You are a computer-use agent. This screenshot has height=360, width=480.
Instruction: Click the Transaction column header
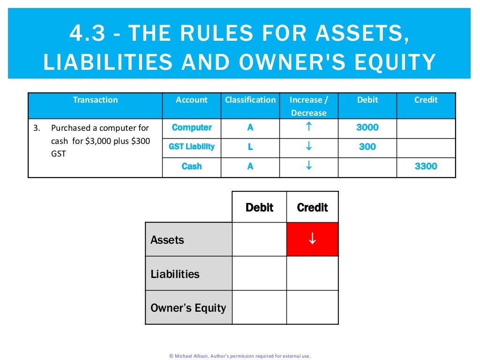pyautogui.click(x=95, y=100)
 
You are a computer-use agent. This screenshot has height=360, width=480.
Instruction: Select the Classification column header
pyautogui.click(x=250, y=100)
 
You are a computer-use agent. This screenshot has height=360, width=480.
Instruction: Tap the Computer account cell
pyautogui.click(x=192, y=127)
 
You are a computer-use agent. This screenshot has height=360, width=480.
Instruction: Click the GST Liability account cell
pyautogui.click(x=192, y=147)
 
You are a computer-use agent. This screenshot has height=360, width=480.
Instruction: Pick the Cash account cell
pyautogui.click(x=192, y=166)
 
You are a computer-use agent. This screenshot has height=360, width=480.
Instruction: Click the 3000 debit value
pyautogui.click(x=367, y=127)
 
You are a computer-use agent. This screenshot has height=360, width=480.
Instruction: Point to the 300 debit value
pyautogui.click(x=367, y=147)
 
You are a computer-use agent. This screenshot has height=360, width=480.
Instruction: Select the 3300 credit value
pyautogui.click(x=426, y=166)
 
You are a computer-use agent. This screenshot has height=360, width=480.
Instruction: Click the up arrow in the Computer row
pyautogui.click(x=308, y=127)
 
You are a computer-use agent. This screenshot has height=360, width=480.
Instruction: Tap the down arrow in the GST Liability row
pyautogui.click(x=308, y=147)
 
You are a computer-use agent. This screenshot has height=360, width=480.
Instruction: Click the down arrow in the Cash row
pyautogui.click(x=308, y=166)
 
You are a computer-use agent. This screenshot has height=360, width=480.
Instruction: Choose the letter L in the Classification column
pyautogui.click(x=250, y=147)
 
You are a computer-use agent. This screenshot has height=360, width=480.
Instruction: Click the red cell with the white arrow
pyautogui.click(x=312, y=239)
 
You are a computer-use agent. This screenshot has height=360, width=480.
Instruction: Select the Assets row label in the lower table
pyautogui.click(x=167, y=240)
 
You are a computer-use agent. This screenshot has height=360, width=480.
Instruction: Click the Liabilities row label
pyautogui.click(x=175, y=274)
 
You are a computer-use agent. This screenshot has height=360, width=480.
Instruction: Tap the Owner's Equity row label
pyautogui.click(x=188, y=308)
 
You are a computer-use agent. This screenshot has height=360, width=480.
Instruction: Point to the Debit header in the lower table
pyautogui.click(x=259, y=207)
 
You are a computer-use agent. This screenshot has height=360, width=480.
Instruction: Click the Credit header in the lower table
pyautogui.click(x=312, y=207)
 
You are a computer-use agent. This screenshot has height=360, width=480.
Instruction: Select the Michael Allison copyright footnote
pyautogui.click(x=240, y=356)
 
